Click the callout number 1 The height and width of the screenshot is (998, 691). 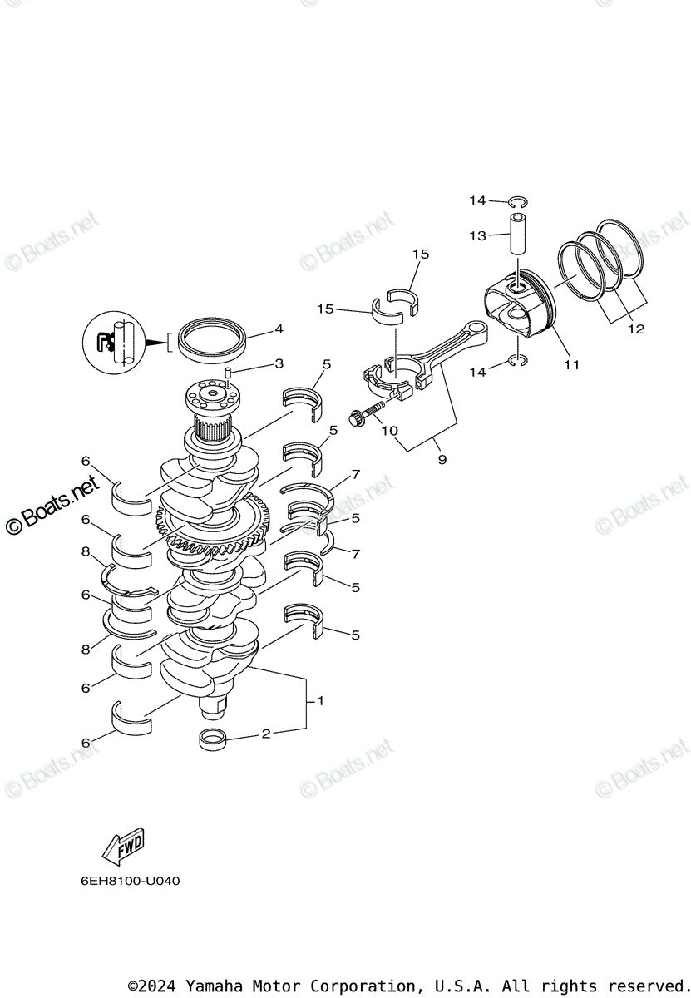pyautogui.click(x=321, y=701)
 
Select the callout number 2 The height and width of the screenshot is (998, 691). pyautogui.click(x=266, y=734)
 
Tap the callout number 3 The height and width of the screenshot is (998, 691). pyautogui.click(x=279, y=363)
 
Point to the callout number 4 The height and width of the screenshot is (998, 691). pyautogui.click(x=279, y=329)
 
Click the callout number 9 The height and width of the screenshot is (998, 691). pyautogui.click(x=442, y=459)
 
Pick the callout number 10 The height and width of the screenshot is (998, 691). pyautogui.click(x=389, y=430)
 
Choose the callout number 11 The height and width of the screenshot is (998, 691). pyautogui.click(x=571, y=364)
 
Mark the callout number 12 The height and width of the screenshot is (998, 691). pyautogui.click(x=636, y=329)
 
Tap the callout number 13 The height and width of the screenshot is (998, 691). pyautogui.click(x=477, y=236)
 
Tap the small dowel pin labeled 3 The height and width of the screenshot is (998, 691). pyautogui.click(x=227, y=372)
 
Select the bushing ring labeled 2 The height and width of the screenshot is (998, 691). pyautogui.click(x=214, y=738)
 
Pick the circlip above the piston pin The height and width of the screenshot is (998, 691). pyautogui.click(x=518, y=200)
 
